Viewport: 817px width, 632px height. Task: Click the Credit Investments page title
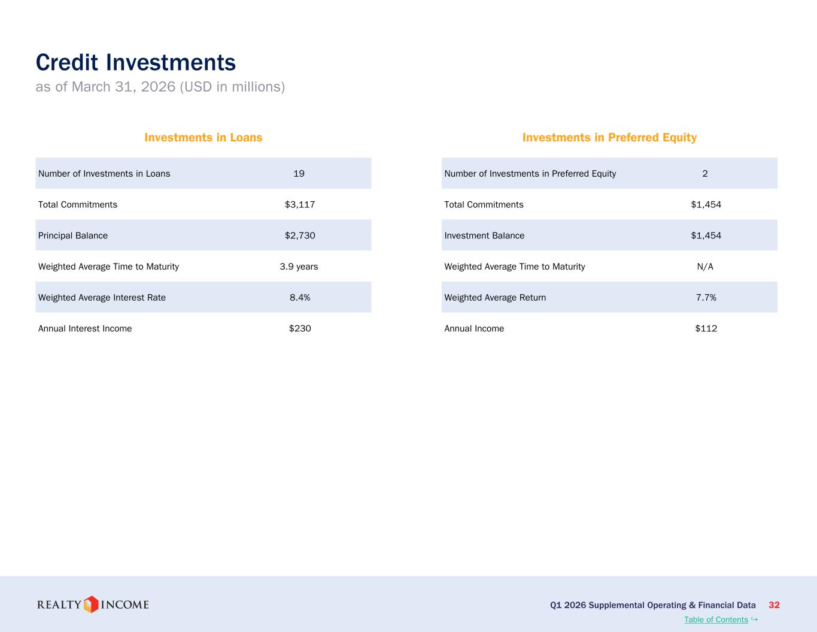136,62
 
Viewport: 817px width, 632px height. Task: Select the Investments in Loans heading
204,137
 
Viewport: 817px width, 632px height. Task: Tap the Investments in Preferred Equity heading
609,138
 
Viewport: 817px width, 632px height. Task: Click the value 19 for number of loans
299,173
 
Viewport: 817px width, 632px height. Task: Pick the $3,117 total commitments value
300,205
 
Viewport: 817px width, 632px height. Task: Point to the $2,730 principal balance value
300,235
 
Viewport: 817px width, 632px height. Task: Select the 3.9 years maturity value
299,267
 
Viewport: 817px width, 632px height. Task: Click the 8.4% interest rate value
300,298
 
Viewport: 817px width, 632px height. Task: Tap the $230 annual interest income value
300,328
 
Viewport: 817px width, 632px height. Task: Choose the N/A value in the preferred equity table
705,267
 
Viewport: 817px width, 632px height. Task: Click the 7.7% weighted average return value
706,298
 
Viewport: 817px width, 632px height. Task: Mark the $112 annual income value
706,328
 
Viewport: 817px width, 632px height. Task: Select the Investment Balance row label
484,235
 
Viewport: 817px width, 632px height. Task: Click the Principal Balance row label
73,235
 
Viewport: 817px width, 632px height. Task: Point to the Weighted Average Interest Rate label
102,298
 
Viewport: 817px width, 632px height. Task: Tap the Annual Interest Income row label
85,328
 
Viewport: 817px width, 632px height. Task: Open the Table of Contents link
716,619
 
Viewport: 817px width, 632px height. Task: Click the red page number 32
774,605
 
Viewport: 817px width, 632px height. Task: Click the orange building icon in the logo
91,604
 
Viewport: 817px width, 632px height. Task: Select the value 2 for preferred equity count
705,173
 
